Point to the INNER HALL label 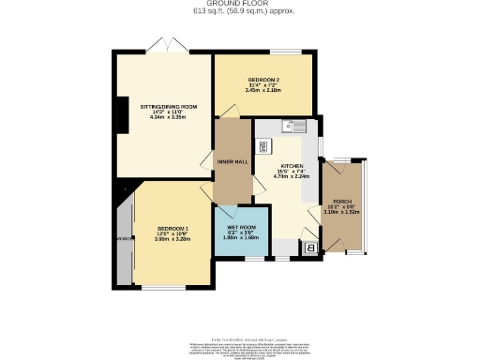[x=232, y=162]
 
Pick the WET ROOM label [x=240, y=228]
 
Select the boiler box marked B [x=310, y=247]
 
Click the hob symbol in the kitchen [x=264, y=145]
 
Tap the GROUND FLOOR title [x=240, y=4]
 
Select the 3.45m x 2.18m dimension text [x=262, y=90]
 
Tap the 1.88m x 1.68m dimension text [x=240, y=238]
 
